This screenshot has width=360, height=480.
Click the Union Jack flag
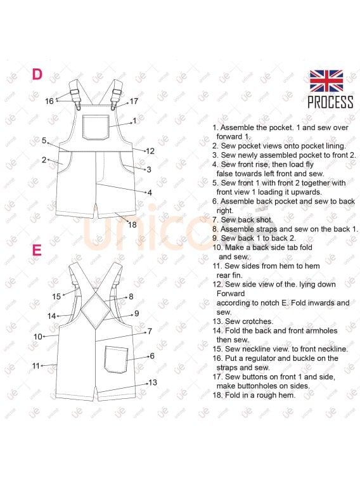tap(326, 81)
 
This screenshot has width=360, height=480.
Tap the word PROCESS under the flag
tap(330, 102)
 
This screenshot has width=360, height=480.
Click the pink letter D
tap(37, 74)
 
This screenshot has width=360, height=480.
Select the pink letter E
tap(37, 250)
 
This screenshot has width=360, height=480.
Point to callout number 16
tap(49, 101)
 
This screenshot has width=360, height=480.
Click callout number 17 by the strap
tap(134, 101)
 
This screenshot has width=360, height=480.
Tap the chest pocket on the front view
tap(96, 127)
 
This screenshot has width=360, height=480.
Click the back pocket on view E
tap(116, 360)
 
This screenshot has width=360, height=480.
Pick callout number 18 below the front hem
tap(132, 224)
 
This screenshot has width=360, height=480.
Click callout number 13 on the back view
tap(153, 382)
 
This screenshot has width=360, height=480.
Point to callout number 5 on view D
tap(44, 141)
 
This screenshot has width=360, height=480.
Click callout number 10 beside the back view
tap(37, 337)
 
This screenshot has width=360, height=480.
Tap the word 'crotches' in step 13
tap(257, 321)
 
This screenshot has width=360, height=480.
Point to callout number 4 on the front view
tap(150, 193)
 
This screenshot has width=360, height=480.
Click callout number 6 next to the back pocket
tap(152, 356)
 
